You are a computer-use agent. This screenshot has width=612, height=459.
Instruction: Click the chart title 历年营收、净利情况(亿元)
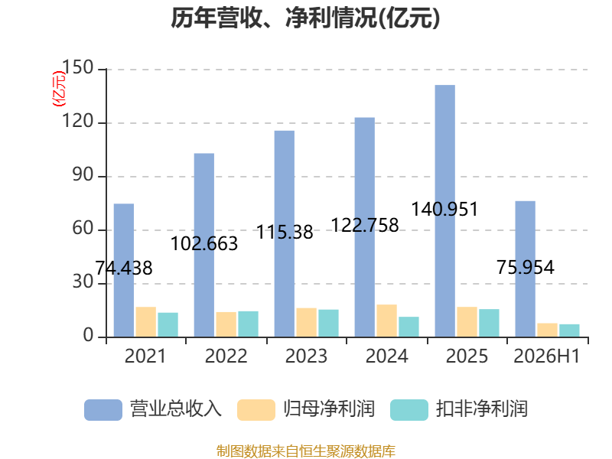pos(305,18)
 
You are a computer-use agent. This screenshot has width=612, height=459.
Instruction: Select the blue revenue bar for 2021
pos(124,270)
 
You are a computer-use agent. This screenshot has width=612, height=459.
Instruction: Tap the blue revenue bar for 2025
pos(445,211)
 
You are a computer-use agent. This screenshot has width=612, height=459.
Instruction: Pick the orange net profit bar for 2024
pos(387,321)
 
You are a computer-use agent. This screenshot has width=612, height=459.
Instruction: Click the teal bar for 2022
pos(248,324)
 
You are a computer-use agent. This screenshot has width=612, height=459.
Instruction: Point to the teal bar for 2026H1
pos(569,330)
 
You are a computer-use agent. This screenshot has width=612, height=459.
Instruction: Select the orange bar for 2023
pos(307,322)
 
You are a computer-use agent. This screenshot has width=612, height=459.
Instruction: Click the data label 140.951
pos(444,209)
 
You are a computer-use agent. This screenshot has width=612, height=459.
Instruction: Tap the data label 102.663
pos(204,244)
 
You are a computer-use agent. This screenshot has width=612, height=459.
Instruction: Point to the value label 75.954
pos(526,267)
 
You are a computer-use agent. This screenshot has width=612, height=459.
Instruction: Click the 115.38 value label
pos(285,233)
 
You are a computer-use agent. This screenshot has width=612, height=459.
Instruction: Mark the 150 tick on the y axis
pos(78,67)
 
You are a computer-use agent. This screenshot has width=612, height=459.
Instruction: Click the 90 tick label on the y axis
pos(83,175)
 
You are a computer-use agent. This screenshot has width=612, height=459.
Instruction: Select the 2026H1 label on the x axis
pos(547,356)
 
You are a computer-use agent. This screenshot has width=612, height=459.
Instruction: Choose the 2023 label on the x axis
pos(307,356)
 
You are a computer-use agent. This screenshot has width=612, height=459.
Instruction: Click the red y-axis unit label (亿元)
pos(59,89)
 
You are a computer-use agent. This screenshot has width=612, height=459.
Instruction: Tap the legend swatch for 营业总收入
pos(103,410)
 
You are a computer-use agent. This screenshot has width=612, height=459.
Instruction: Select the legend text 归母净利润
pos(329,409)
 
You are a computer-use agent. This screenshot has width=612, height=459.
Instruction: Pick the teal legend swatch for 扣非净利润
pos(409,410)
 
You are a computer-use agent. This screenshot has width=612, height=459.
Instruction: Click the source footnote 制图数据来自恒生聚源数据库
pos(306,451)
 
